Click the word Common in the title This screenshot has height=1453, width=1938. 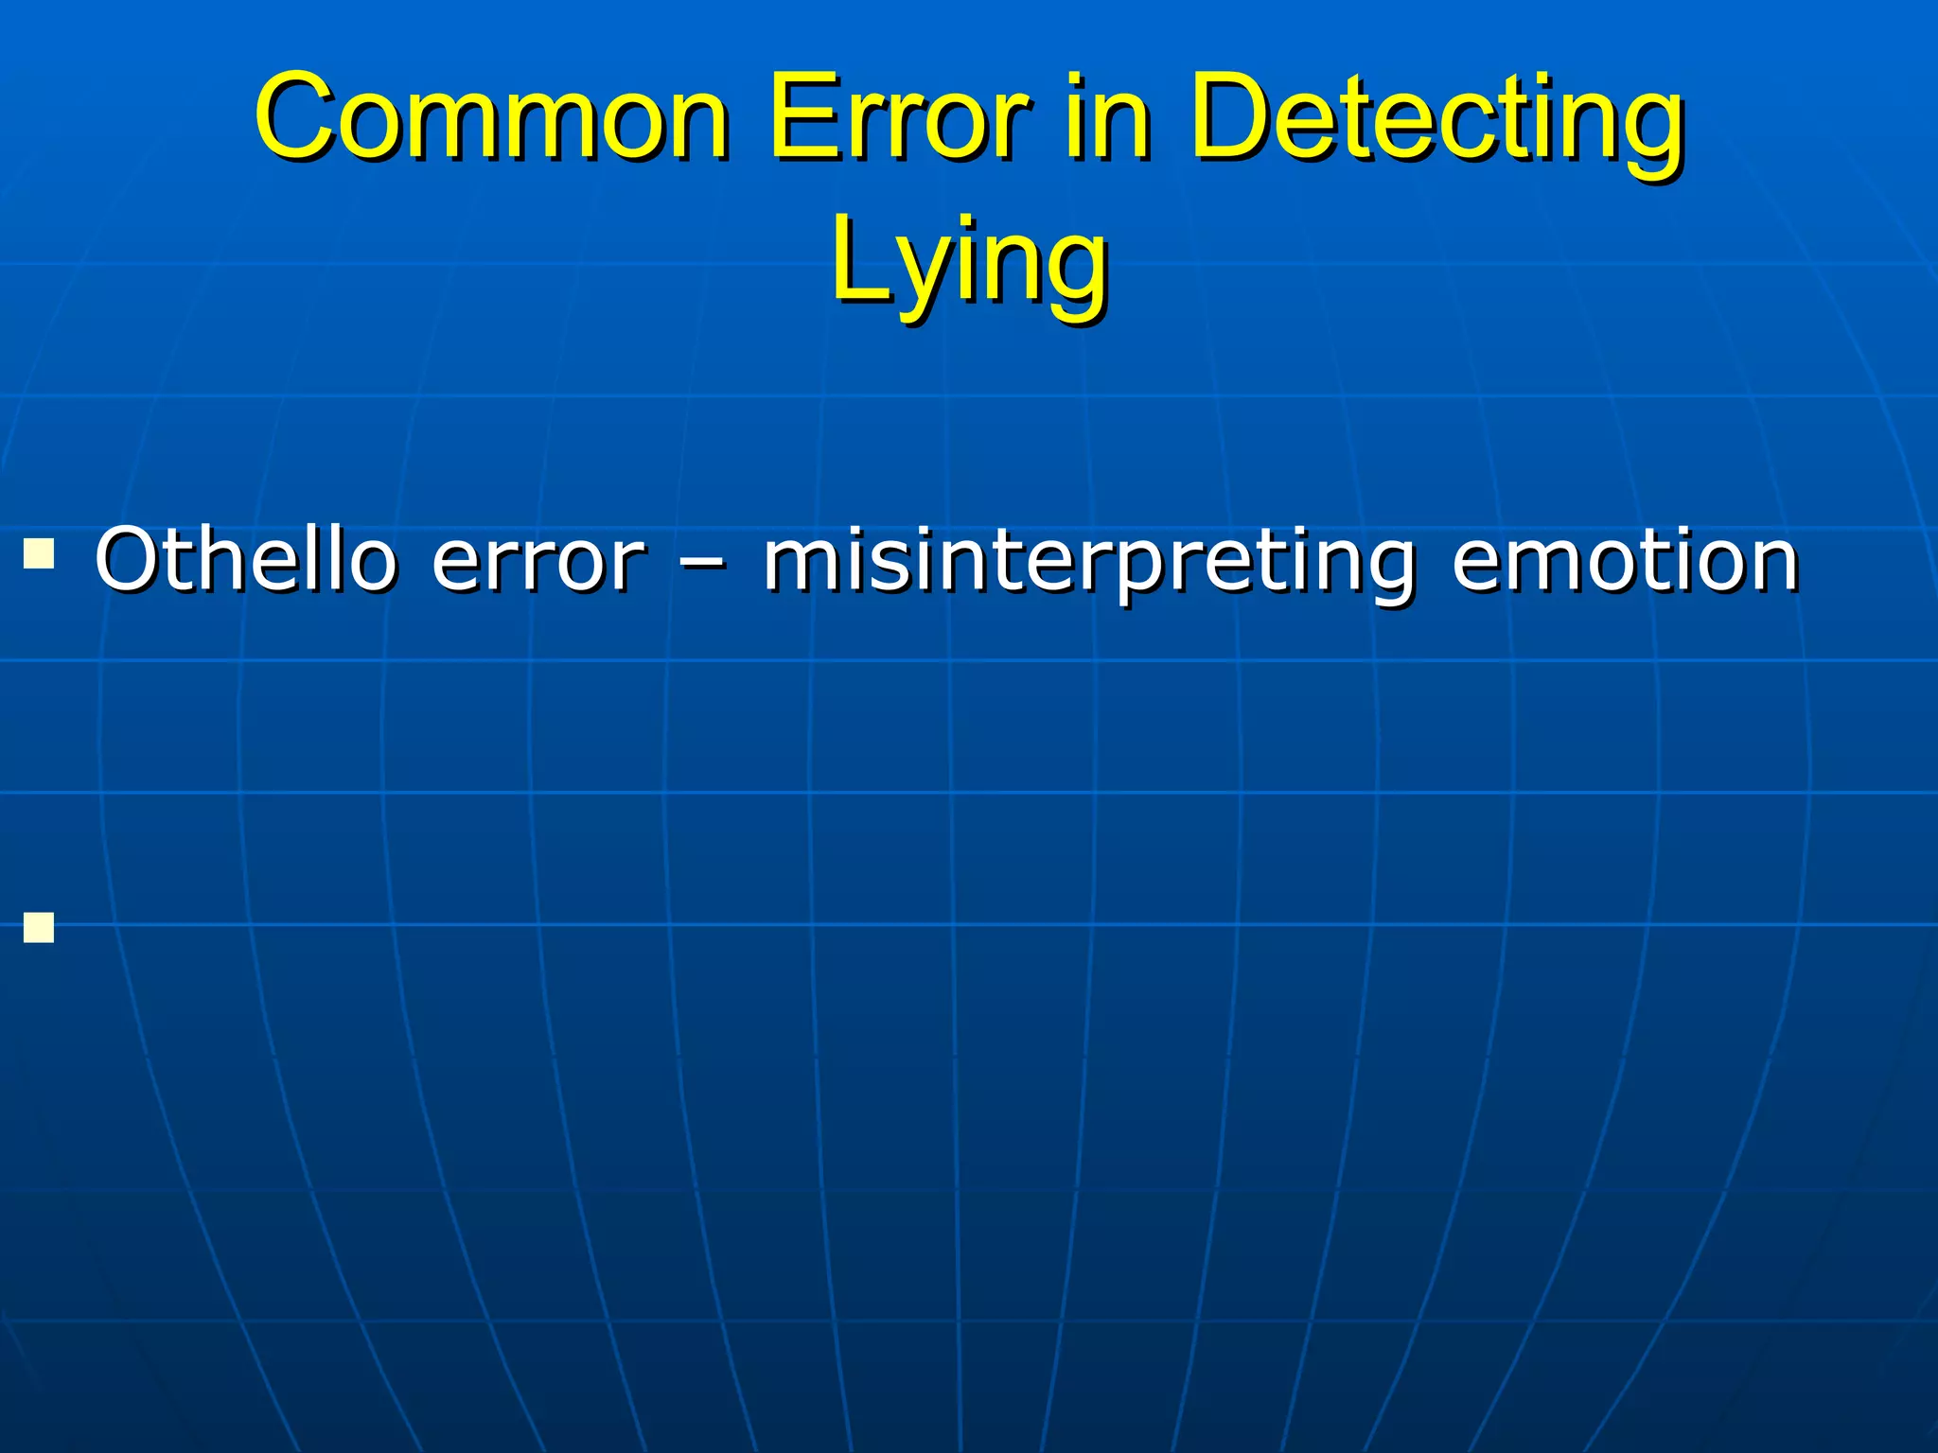pos(492,118)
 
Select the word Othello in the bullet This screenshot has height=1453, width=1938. pos(245,560)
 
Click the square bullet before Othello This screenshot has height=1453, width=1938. pos(39,552)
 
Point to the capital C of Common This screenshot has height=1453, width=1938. pos(298,118)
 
